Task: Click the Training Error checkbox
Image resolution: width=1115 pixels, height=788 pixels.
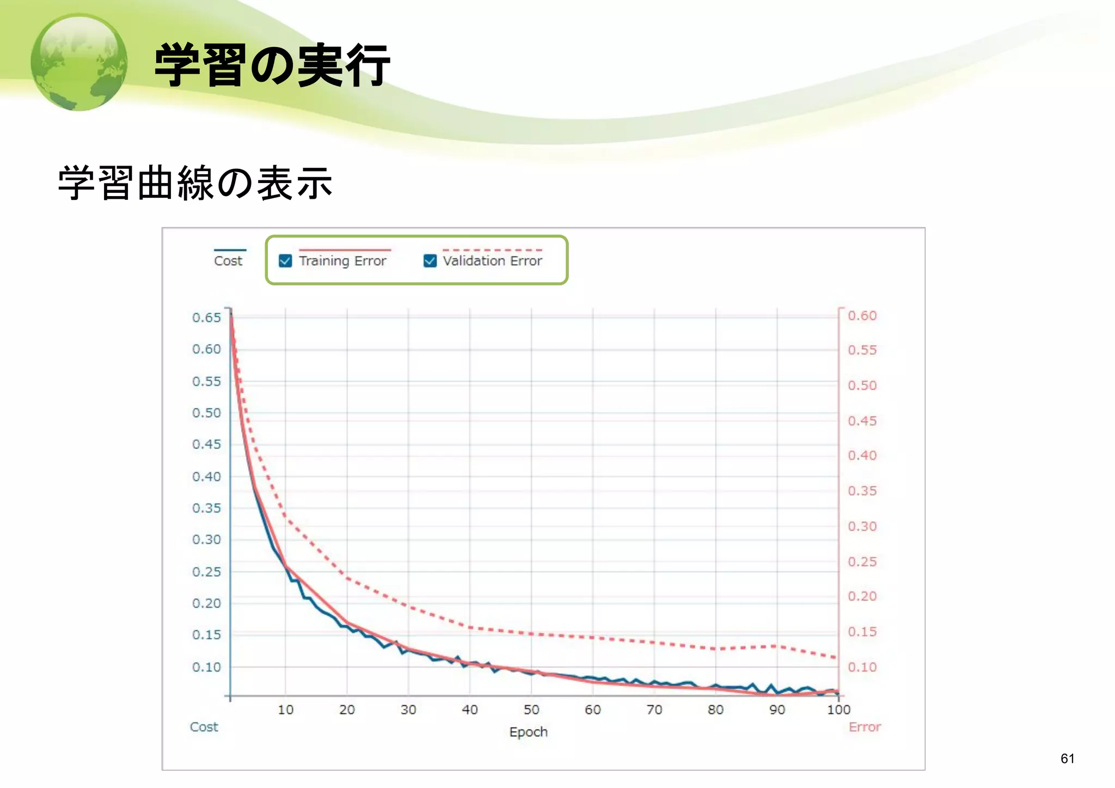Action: pyautogui.click(x=285, y=261)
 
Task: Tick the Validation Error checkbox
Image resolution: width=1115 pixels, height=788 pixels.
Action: pyautogui.click(x=430, y=261)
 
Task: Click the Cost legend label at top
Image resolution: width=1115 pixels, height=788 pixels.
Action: pyautogui.click(x=228, y=261)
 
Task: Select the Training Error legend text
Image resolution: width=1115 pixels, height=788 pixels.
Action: pyautogui.click(x=342, y=261)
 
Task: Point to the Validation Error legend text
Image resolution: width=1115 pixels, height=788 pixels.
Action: pyautogui.click(x=492, y=261)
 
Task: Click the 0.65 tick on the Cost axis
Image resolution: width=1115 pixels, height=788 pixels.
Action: pyautogui.click(x=206, y=317)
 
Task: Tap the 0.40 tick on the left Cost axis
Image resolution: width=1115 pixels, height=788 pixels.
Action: pyautogui.click(x=206, y=477)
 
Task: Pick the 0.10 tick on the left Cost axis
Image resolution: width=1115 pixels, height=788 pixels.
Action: pyautogui.click(x=206, y=667)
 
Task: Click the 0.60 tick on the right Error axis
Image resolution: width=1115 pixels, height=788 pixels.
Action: pyautogui.click(x=862, y=316)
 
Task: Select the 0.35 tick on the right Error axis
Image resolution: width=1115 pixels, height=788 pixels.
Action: pyautogui.click(x=862, y=491)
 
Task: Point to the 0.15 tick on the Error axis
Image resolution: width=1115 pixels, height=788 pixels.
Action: pyautogui.click(x=862, y=632)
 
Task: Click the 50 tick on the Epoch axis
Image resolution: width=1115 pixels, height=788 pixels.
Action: pyautogui.click(x=531, y=710)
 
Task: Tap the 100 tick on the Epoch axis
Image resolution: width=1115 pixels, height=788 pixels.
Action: pyautogui.click(x=838, y=710)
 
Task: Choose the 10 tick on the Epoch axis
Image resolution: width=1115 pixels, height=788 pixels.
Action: pyautogui.click(x=285, y=710)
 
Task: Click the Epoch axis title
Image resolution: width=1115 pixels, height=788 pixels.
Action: pyautogui.click(x=528, y=732)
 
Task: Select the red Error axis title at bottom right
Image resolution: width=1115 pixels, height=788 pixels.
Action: pyautogui.click(x=865, y=727)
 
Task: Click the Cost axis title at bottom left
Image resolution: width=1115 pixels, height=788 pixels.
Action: pyautogui.click(x=204, y=727)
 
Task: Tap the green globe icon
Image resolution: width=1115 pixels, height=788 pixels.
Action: pyautogui.click(x=79, y=62)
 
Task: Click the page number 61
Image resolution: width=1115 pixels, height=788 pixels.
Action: pyautogui.click(x=1068, y=759)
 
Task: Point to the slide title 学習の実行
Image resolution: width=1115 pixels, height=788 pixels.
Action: pyautogui.click(x=272, y=65)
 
